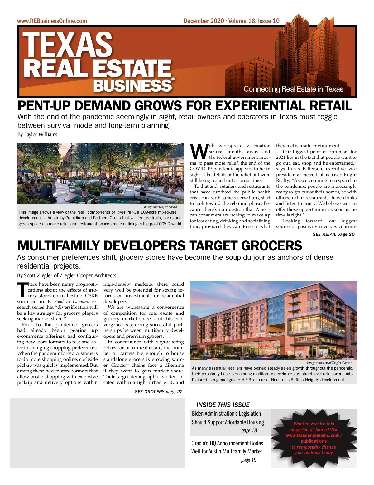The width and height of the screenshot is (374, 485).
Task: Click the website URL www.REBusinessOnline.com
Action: coord(52,21)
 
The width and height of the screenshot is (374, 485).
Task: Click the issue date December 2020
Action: coord(204,21)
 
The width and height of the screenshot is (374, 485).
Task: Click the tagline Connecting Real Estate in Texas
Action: coord(293,89)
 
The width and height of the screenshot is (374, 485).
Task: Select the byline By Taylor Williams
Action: coord(37,135)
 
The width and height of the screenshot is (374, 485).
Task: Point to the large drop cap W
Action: coord(199,152)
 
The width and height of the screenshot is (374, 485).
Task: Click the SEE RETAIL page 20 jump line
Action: coord(333,234)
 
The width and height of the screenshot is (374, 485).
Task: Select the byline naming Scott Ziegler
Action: coord(67,275)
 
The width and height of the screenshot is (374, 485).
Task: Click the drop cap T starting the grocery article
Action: coord(22,290)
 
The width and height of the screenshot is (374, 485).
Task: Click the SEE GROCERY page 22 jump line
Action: coord(159,392)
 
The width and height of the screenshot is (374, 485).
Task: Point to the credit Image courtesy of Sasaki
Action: coord(160,207)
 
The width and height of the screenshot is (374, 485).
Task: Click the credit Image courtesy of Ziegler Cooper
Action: coord(329,363)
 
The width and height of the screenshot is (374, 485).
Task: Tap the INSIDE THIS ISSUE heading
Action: coord(223,405)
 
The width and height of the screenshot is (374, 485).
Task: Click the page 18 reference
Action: coord(249,431)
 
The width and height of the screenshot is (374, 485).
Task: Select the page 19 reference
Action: coord(248,460)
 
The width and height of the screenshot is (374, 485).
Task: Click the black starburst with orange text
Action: coord(314,438)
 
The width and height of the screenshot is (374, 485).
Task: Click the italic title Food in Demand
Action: coord(72,302)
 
